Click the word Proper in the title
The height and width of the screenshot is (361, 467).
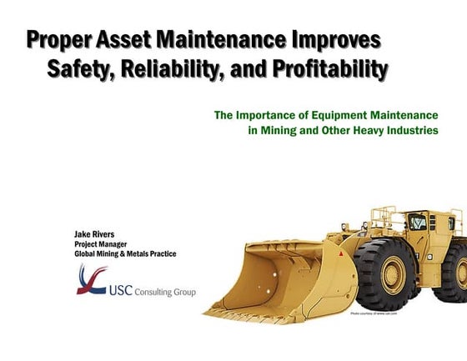[61, 41]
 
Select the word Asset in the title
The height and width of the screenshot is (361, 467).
[132, 41]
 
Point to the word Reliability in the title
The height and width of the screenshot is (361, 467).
[182, 70]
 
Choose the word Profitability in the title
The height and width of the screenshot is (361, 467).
[332, 70]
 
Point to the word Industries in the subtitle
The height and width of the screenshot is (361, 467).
[411, 130]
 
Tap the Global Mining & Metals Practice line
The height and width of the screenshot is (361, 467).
[125, 254]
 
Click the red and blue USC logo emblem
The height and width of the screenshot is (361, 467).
[91, 281]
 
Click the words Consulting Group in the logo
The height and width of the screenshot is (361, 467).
[170, 293]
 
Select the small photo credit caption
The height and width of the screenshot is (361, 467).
[374, 313]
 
